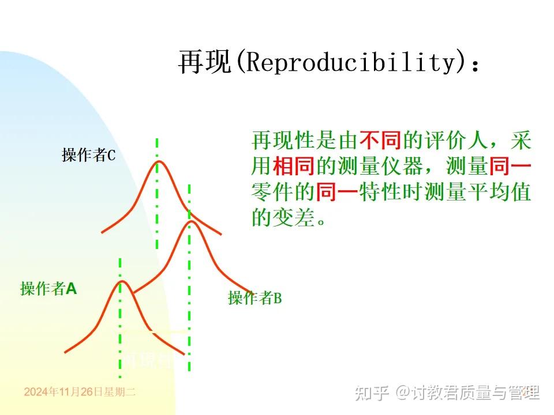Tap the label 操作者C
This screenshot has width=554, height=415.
pos(89,154)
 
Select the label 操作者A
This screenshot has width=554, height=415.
pos(48,288)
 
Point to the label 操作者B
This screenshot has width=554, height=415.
pos(254,298)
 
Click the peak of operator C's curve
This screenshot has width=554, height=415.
pos(157,162)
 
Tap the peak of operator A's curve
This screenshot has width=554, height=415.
pos(122,282)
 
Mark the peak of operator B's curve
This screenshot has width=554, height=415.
pos(190,222)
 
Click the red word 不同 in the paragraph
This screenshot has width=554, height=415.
pos(380,140)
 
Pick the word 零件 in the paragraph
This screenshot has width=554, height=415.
pos(272,192)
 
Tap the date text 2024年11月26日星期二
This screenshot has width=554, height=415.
pos(80,392)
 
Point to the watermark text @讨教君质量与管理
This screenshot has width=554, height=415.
pos(467,393)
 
